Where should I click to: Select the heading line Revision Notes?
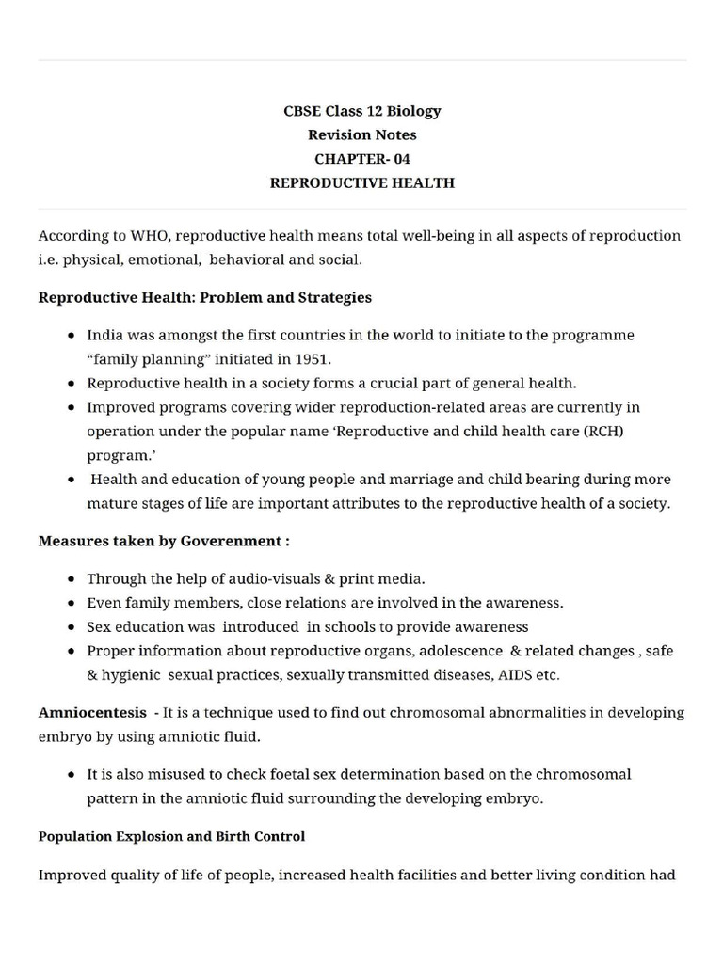click(x=362, y=134)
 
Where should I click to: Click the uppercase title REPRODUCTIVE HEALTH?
click(x=362, y=183)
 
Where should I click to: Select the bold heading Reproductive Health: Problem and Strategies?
click(x=204, y=297)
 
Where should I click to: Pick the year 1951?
click(x=312, y=359)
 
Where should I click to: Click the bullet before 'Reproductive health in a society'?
click(x=72, y=384)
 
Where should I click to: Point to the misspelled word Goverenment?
click(x=236, y=541)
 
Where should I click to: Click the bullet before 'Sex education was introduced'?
click(x=72, y=626)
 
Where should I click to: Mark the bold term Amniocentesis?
click(x=92, y=713)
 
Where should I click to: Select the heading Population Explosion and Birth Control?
click(x=171, y=836)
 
